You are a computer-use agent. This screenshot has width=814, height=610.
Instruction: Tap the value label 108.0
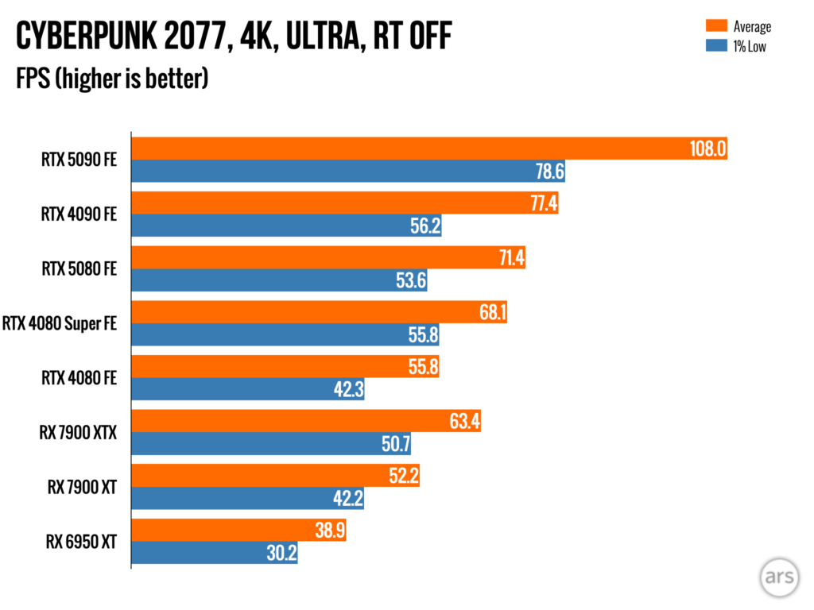(x=707, y=149)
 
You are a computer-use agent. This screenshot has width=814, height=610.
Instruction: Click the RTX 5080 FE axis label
(x=79, y=268)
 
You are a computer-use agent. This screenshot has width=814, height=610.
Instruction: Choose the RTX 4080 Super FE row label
(x=60, y=323)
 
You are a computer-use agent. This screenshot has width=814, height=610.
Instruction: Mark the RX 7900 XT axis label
(x=82, y=488)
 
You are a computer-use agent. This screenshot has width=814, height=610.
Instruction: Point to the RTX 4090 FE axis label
(x=79, y=214)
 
